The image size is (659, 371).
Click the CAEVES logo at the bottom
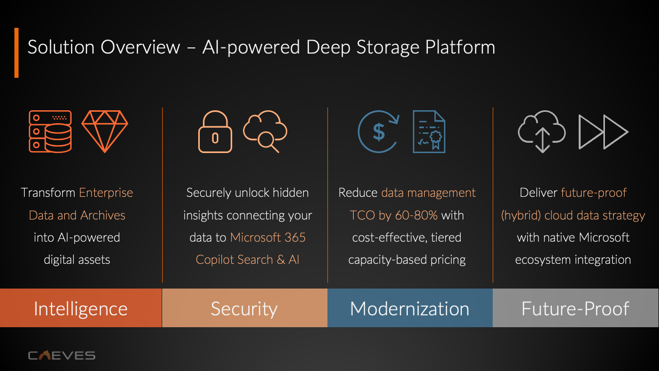61,355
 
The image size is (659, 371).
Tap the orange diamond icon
105,131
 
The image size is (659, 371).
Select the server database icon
50,131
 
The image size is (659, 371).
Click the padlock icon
215,132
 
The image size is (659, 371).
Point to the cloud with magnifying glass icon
265,132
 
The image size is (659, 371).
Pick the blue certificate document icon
429,132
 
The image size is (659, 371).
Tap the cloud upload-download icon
542,131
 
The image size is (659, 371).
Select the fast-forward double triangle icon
603,132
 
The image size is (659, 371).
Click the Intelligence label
81,308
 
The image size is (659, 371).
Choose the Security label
244,308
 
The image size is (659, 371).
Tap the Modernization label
410,308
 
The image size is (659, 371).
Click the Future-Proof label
576,308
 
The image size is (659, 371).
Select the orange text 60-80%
416,215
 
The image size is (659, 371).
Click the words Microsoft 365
268,238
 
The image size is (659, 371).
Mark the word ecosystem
541,260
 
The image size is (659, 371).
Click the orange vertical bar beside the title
16,53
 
